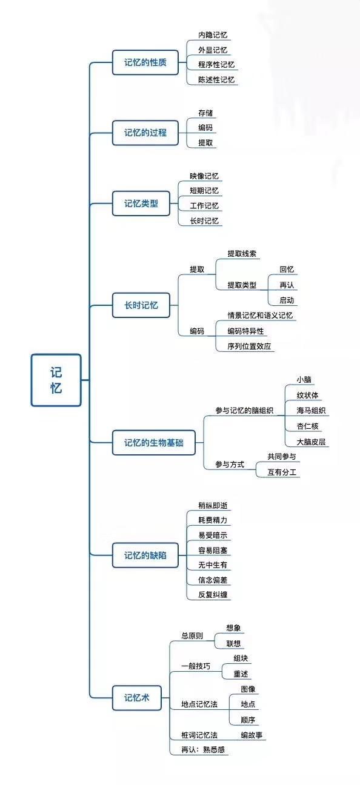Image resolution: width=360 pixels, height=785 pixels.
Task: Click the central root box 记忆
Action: pyautogui.click(x=56, y=380)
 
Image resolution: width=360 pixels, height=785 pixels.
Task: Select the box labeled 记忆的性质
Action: pyautogui.click(x=145, y=62)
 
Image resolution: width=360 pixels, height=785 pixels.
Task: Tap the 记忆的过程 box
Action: pyautogui.click(x=145, y=133)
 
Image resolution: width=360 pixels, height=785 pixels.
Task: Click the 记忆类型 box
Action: pyautogui.click(x=141, y=204)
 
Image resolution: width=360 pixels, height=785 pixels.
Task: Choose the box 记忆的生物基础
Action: pyautogui.click(x=153, y=443)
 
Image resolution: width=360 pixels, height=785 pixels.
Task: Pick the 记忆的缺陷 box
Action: pyautogui.click(x=145, y=555)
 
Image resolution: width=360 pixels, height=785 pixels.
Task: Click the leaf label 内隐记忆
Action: pyautogui.click(x=213, y=35)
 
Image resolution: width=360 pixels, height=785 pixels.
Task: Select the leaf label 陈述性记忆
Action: pyautogui.click(x=216, y=79)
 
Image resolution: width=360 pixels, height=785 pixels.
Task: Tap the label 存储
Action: pyautogui.click(x=205, y=113)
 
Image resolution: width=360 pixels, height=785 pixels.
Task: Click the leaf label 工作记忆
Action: pyautogui.click(x=204, y=206)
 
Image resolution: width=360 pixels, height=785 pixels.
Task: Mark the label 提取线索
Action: pyautogui.click(x=242, y=253)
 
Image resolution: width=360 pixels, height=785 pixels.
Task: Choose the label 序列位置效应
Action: pyautogui.click(x=249, y=346)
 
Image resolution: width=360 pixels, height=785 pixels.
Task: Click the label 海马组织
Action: pyautogui.click(x=312, y=411)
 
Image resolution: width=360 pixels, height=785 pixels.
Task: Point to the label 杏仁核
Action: pyautogui.click(x=307, y=426)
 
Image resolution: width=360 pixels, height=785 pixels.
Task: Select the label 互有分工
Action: pyautogui.click(x=282, y=472)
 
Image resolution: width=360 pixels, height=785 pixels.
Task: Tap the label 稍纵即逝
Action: pyautogui.click(x=213, y=505)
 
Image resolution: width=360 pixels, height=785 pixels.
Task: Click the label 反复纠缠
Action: pyautogui.click(x=213, y=595)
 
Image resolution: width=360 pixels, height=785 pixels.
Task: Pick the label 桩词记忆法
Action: pyautogui.click(x=199, y=735)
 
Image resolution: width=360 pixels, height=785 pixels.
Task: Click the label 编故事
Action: pyautogui.click(x=252, y=735)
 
